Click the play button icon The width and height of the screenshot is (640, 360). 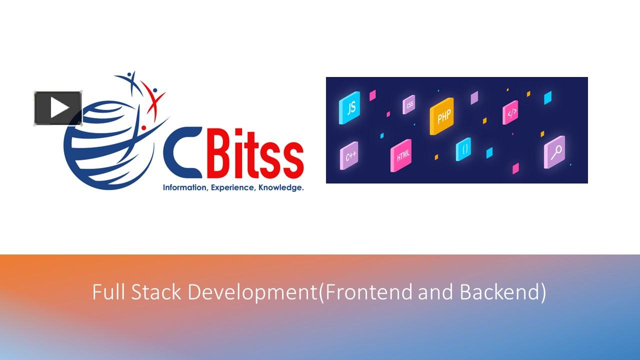click(58, 108)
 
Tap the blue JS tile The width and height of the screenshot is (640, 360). click(350, 107)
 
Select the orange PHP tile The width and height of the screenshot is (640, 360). click(443, 116)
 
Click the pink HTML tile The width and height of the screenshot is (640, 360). click(401, 155)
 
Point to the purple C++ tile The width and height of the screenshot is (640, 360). click(349, 156)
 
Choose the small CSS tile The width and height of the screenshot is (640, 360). click(409, 105)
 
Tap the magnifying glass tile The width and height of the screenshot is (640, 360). click(554, 151)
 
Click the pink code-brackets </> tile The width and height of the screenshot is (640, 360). click(510, 113)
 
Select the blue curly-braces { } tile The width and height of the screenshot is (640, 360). click(464, 149)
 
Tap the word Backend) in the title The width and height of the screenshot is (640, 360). click(503, 292)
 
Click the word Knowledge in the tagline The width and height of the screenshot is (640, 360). click(281, 188)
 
